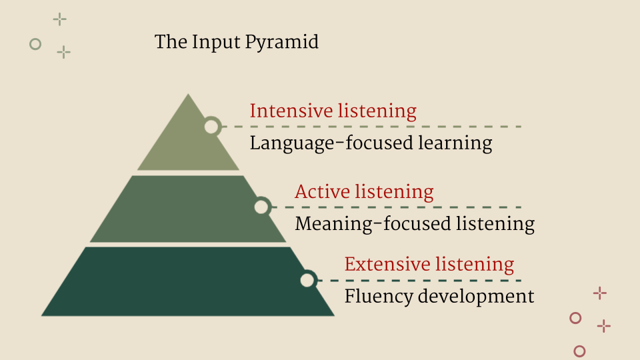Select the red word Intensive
pyautogui.click(x=291, y=111)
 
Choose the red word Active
pyautogui.click(x=323, y=191)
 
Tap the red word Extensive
pyautogui.click(x=383, y=264)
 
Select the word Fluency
pyautogui.click(x=379, y=297)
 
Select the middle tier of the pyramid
pyautogui.click(x=188, y=209)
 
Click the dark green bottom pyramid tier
pyautogui.click(x=188, y=281)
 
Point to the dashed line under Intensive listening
pyautogui.click(x=371, y=127)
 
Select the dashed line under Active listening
pyautogui.click(x=396, y=207)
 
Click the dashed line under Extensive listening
pyautogui.click(x=419, y=281)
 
